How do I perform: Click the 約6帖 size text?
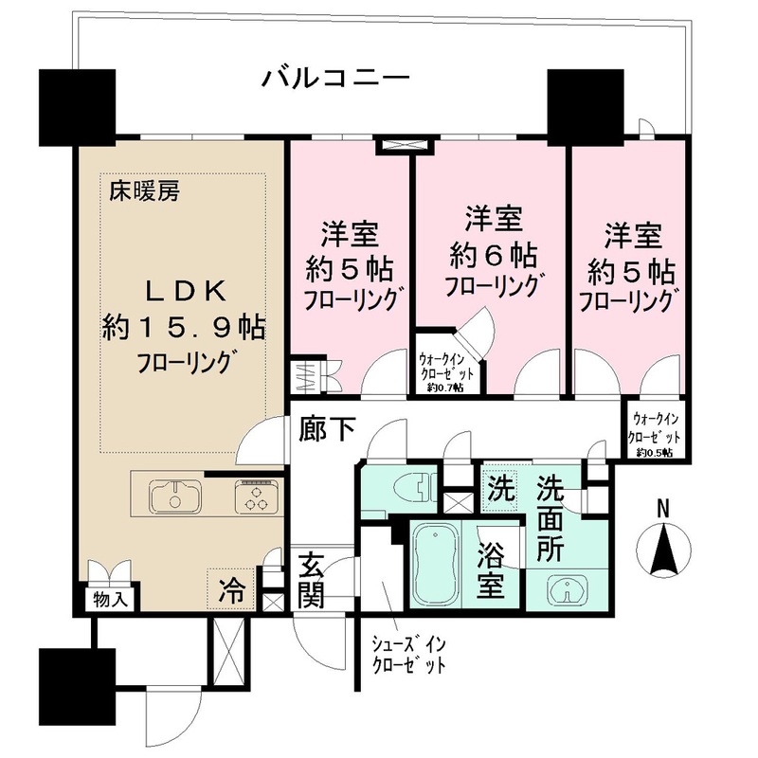(x=494, y=255)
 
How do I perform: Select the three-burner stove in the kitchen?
(x=254, y=497)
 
